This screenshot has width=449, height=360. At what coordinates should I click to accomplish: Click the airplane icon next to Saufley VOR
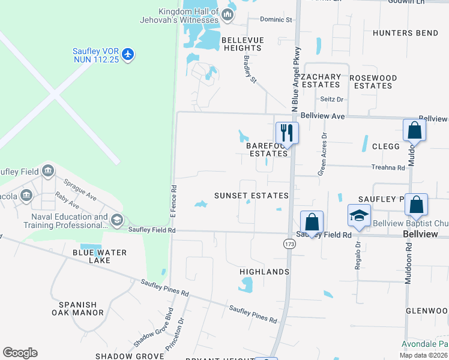127,55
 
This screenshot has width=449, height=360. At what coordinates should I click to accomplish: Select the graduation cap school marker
359,215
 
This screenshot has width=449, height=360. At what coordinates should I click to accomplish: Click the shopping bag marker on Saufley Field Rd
312,221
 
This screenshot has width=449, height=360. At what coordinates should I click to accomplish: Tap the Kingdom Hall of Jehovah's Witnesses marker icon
228,14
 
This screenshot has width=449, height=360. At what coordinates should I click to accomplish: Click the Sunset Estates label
252,196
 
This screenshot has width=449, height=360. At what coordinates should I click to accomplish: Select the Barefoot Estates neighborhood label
268,149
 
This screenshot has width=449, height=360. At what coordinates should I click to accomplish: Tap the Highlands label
264,272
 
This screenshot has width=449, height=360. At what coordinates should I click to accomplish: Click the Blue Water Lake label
100,256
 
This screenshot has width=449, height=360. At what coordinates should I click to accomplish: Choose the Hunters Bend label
405,33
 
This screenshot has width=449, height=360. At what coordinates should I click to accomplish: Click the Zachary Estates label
321,81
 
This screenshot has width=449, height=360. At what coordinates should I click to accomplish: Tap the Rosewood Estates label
373,82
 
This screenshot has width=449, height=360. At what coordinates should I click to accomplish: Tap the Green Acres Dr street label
324,154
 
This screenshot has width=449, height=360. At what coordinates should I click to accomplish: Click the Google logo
20,353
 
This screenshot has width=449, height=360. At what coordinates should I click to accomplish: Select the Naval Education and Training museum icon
116,220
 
